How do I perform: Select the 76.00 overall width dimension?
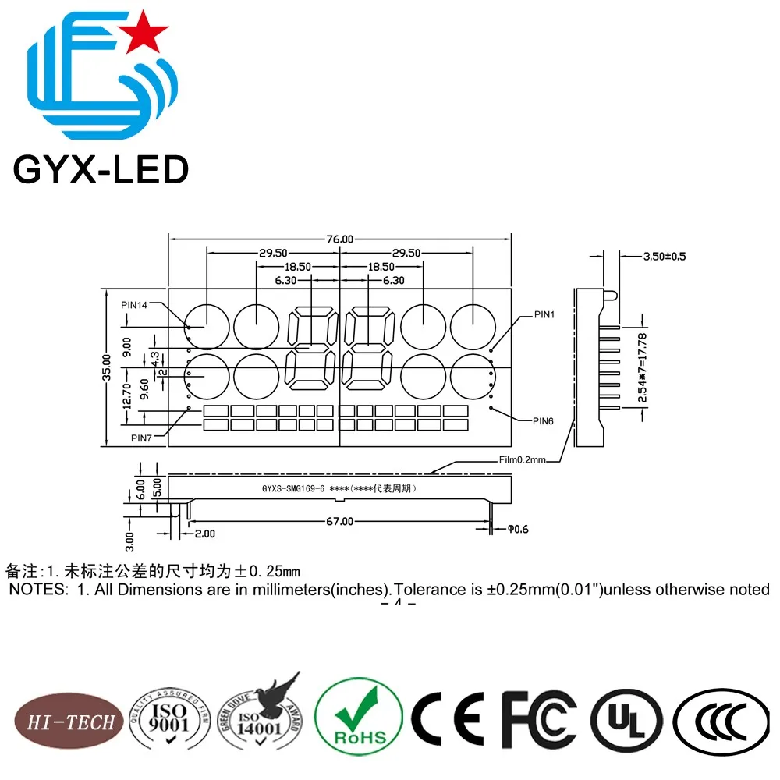[x=340, y=239]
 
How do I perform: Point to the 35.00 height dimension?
[x=108, y=367]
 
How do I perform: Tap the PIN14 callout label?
[x=134, y=305]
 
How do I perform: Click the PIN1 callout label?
[x=544, y=314]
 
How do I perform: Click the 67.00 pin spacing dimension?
[x=339, y=521]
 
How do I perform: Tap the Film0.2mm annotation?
[x=525, y=460]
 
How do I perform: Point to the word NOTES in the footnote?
[x=37, y=590]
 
